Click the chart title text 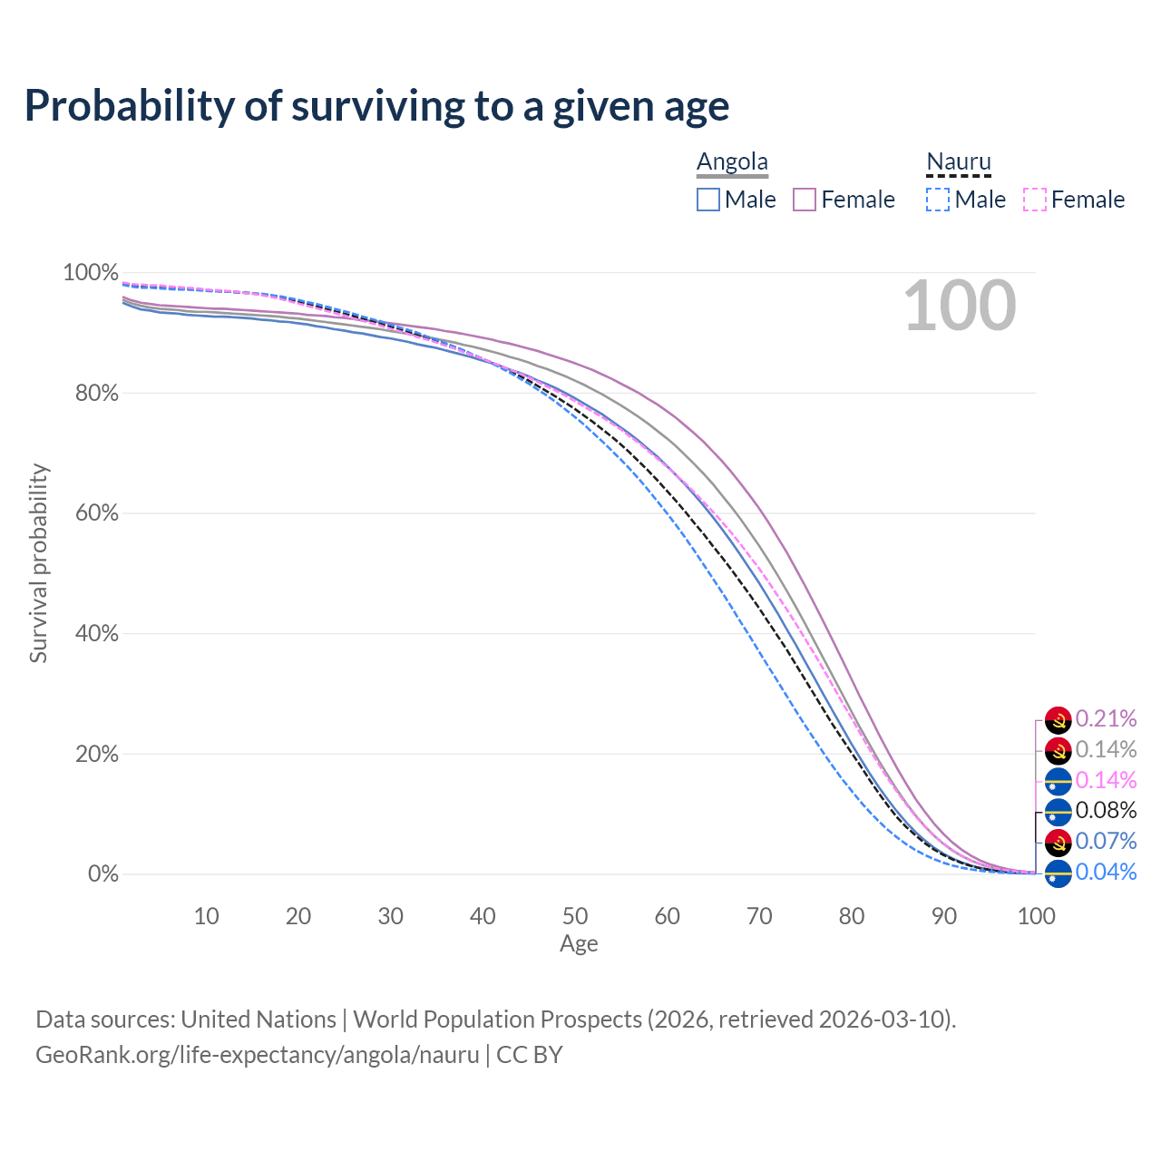click(x=376, y=106)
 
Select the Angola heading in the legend click(x=732, y=162)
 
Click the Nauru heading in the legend click(x=958, y=162)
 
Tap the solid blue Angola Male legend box click(x=708, y=200)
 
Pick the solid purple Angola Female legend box click(x=805, y=200)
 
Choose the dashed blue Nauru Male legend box click(x=938, y=200)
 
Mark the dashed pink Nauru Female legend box click(x=1034, y=200)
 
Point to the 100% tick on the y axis click(x=91, y=273)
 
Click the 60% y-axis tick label click(x=95, y=513)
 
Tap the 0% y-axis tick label click(x=102, y=874)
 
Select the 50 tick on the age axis click(x=575, y=916)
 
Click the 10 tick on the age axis click(x=207, y=916)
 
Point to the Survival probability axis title click(x=38, y=563)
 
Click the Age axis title click(x=579, y=944)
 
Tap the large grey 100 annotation click(x=960, y=307)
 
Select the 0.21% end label click(x=1106, y=719)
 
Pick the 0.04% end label click(x=1106, y=873)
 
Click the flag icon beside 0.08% click(x=1059, y=812)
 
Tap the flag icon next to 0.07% click(x=1059, y=843)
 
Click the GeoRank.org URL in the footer click(x=257, y=1055)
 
